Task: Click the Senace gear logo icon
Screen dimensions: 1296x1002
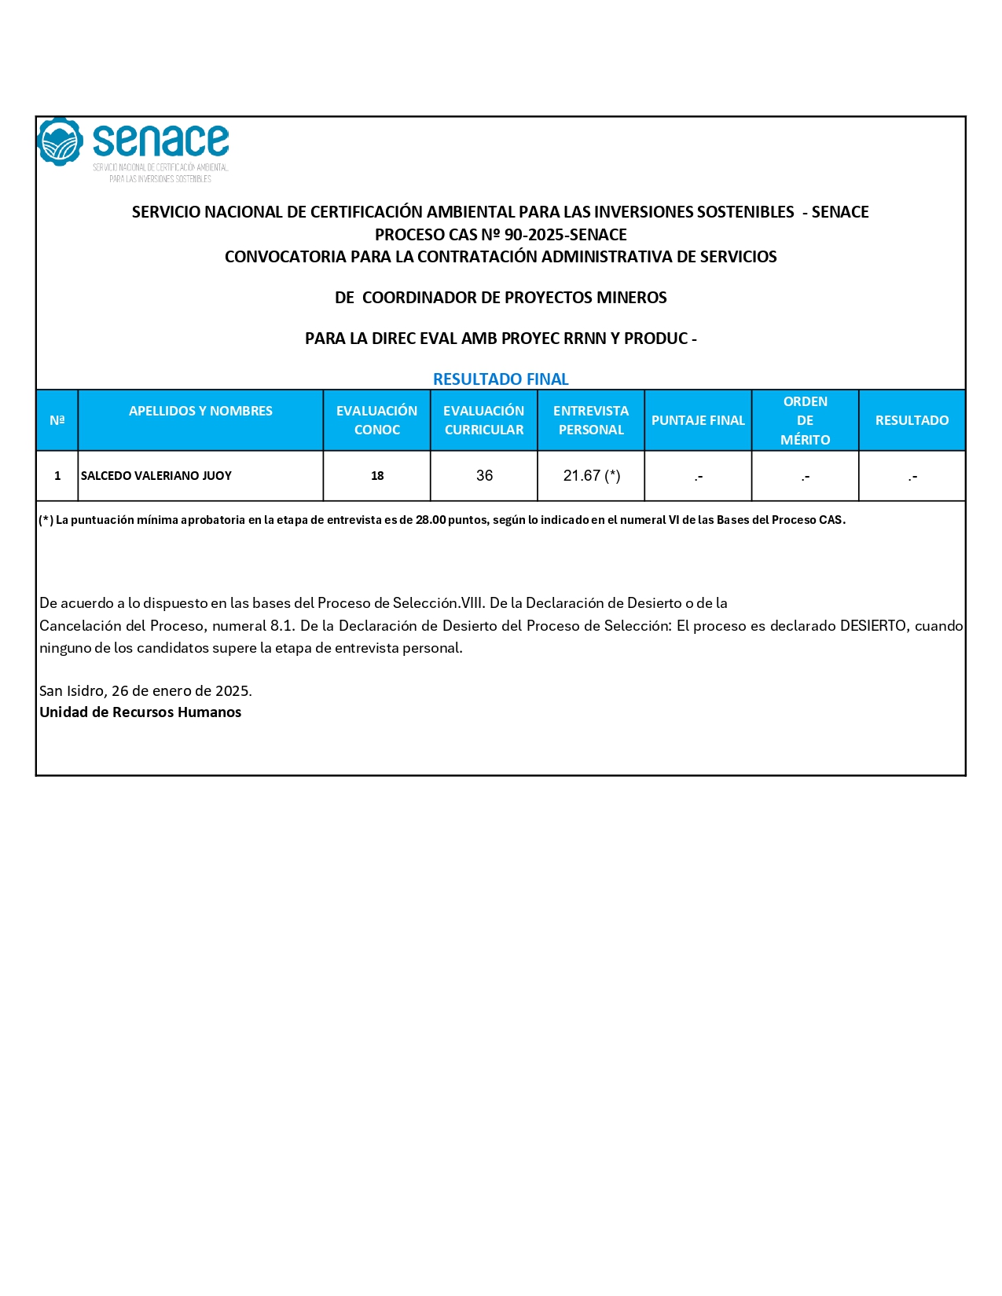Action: point(60,142)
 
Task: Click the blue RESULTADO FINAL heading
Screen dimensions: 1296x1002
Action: point(501,379)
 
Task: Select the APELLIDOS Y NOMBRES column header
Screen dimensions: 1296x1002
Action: point(200,411)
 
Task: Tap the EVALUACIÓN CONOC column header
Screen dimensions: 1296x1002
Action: point(376,420)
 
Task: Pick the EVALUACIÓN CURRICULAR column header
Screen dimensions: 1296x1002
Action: point(483,420)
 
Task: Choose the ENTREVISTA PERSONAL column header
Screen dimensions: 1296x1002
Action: point(591,420)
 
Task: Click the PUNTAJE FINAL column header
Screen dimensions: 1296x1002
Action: point(698,420)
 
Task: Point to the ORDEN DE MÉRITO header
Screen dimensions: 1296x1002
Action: point(805,420)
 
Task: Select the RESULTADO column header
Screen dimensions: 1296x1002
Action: point(912,420)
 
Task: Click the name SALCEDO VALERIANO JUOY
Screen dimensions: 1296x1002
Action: point(156,476)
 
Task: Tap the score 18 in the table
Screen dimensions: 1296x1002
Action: point(377,476)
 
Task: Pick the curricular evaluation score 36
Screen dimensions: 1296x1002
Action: point(484,476)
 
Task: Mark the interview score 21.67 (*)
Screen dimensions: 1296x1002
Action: point(592,476)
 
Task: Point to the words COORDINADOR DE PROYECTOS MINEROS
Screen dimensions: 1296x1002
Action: point(514,298)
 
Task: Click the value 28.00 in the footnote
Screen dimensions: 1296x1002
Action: point(431,520)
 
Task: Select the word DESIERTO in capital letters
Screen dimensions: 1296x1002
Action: point(872,626)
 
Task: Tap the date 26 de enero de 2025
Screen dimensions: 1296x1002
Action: point(181,691)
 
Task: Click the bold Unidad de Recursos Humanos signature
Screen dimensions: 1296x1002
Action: point(141,712)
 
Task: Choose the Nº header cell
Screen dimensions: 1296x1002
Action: point(57,420)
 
